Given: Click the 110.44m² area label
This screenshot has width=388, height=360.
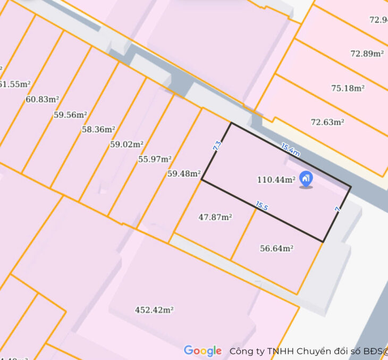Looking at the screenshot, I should tap(276, 180).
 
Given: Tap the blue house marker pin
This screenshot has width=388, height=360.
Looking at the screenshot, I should tap(306, 179).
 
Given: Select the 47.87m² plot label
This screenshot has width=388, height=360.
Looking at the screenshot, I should tap(215, 217).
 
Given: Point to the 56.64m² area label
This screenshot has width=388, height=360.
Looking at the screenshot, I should tap(277, 248).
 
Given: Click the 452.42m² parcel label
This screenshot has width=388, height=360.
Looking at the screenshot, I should tap(155, 309).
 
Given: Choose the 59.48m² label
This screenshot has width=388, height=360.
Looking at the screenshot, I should tap(184, 173).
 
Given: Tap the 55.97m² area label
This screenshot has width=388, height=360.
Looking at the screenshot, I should tap(155, 159).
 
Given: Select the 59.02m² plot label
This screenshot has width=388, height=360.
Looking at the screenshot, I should tap(126, 144).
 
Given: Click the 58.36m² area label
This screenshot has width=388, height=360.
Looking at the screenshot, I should tap(98, 129).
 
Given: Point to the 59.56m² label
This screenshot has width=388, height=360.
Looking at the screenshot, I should tap(70, 114).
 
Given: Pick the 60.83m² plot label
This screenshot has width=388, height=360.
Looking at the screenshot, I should tap(42, 99).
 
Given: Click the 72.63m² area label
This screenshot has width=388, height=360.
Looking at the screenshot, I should tap(327, 122).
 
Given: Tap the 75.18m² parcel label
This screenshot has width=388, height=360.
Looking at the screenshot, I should tap(348, 88).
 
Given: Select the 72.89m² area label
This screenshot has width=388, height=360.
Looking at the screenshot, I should tap(367, 53).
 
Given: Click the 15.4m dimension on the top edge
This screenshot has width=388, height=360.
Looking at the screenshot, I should tap(290, 150).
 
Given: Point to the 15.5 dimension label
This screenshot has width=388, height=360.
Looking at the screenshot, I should tap(262, 206).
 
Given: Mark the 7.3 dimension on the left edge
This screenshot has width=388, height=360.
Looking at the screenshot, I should tap(217, 146).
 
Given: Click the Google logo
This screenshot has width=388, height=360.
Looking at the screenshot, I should tap(203, 351).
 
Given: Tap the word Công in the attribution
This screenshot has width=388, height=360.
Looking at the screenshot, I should tap(241, 351).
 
